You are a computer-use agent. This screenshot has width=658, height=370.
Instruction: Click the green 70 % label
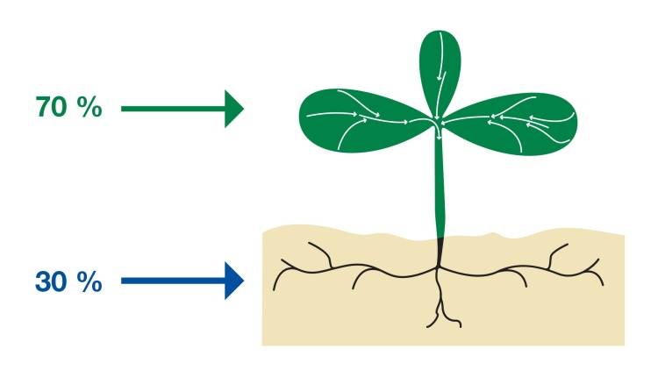click(68, 107)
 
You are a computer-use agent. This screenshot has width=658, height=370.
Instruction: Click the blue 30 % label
click(68, 281)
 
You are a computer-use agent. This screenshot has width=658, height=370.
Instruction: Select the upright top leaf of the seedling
click(440, 71)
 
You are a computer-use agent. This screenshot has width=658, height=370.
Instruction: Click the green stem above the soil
click(440, 185)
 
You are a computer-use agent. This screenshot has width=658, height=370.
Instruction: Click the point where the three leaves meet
click(438, 122)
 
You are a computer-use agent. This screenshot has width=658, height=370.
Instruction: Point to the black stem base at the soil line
click(440, 251)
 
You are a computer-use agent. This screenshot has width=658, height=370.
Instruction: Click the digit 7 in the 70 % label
click(43, 107)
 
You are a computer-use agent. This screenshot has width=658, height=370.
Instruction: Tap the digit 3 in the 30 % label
click(43, 281)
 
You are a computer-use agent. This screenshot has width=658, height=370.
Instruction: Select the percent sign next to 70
click(89, 107)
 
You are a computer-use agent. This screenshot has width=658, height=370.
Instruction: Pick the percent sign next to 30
click(89, 281)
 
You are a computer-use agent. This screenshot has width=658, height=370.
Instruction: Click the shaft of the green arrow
click(173, 109)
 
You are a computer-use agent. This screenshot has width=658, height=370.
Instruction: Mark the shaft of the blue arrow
click(173, 281)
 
